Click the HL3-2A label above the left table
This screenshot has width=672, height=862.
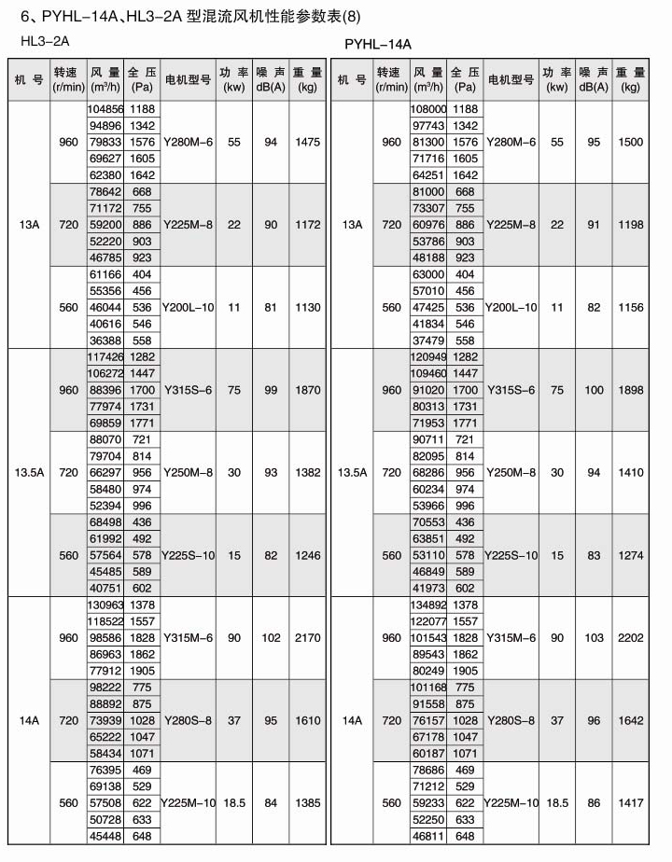coord(45,42)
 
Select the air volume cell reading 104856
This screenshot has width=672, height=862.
coord(105,109)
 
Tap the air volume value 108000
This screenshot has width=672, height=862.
coord(428,109)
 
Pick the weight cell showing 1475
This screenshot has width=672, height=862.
coord(307,142)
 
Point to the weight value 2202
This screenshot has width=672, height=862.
coord(631,638)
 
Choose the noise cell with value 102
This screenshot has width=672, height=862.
coord(271,638)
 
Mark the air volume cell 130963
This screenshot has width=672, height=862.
coord(105,605)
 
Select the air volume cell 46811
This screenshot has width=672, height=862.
coord(428,836)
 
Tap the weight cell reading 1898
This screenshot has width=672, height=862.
coord(631,390)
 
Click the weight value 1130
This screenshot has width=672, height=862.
coord(307,307)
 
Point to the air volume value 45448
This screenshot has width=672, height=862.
coord(105,836)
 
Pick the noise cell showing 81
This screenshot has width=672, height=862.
coord(271,307)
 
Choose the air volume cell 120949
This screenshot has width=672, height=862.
coord(428,357)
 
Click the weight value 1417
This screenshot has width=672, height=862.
coord(631,802)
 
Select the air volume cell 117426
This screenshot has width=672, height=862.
coord(105,357)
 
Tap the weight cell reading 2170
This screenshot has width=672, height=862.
coord(307,638)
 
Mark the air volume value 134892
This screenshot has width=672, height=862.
coord(428,605)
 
